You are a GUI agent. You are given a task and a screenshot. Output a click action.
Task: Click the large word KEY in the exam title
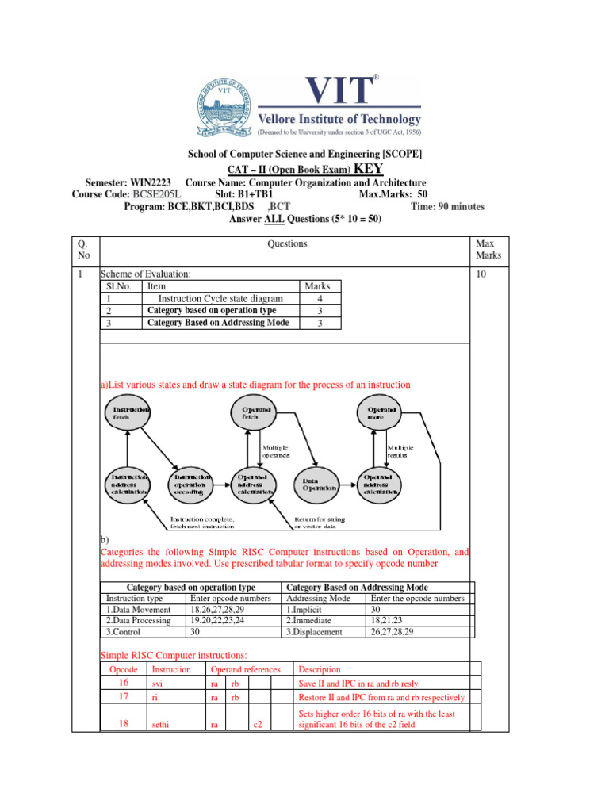(369, 168)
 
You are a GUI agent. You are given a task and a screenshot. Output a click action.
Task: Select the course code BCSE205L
(157, 194)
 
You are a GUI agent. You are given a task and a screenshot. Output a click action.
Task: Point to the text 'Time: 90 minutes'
(447, 206)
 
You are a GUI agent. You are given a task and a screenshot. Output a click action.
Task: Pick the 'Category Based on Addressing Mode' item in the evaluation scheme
(218, 323)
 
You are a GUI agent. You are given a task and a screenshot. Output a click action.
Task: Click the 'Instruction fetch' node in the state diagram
(130, 414)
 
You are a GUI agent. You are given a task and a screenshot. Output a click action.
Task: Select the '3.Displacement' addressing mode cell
(314, 632)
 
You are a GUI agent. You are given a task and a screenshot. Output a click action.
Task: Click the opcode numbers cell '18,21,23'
(387, 621)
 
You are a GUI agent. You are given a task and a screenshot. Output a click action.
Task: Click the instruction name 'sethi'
(162, 725)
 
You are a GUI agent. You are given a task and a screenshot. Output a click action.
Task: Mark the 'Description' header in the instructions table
(320, 669)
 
